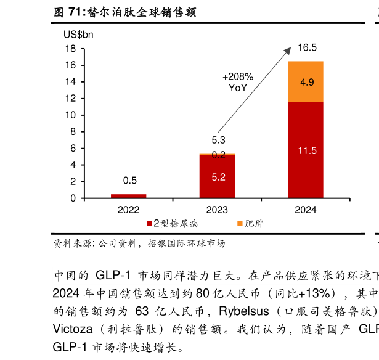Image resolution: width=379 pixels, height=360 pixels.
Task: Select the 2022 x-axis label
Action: [128, 210]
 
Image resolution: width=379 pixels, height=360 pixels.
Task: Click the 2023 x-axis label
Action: [217, 210]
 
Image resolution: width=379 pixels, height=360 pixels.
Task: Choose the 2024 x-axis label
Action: [305, 210]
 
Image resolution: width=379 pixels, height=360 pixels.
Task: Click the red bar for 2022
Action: [128, 196]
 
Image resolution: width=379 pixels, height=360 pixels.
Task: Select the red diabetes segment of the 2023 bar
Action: [217, 177]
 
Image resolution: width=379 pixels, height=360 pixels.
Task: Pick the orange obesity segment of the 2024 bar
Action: [305, 81]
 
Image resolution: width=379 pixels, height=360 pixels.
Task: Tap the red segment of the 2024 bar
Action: [305, 150]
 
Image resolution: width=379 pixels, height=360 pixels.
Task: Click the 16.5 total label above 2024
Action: [306, 48]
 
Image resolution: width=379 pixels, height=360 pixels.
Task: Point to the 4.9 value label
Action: [306, 82]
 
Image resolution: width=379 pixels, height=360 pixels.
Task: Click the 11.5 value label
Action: [306, 151]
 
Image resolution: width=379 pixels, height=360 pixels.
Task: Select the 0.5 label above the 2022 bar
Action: [129, 181]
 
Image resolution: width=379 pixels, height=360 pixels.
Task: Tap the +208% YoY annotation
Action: [237, 83]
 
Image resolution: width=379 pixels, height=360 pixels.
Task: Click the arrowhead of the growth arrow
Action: [289, 52]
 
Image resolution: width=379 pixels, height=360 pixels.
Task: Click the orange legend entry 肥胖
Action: [250, 224]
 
